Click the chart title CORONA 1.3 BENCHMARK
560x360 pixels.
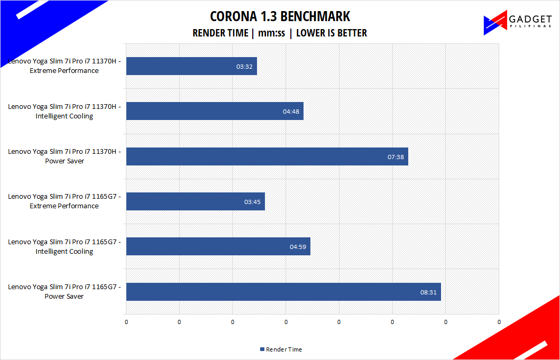(x=280, y=16)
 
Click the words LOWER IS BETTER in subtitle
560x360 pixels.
(x=332, y=33)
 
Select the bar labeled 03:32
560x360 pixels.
(x=191, y=66)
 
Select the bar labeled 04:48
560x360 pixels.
(x=215, y=111)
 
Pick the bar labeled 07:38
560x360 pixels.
(x=267, y=156)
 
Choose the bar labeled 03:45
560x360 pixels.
(x=195, y=201)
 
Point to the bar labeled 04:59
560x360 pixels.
(x=218, y=246)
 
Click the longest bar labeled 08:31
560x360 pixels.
(x=283, y=292)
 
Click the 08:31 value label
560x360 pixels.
(x=428, y=292)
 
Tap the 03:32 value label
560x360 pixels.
(x=244, y=67)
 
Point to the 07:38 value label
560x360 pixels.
(x=396, y=157)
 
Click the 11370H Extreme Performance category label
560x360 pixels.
(x=64, y=66)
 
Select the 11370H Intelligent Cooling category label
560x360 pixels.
(x=64, y=111)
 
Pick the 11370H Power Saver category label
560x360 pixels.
(x=64, y=156)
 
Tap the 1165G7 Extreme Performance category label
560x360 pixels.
(x=64, y=201)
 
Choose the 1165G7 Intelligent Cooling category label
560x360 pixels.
(x=64, y=246)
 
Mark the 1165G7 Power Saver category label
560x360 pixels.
(x=64, y=292)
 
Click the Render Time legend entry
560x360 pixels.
(x=281, y=349)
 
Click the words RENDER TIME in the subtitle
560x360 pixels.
(x=220, y=33)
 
